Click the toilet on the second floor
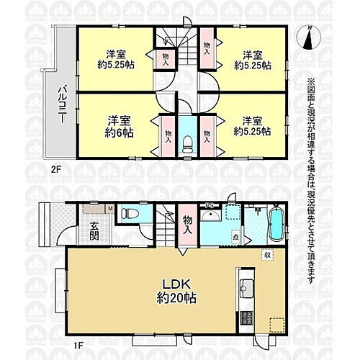pos(186,141)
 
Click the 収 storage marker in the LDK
pos(266,255)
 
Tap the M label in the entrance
pos(109,210)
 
